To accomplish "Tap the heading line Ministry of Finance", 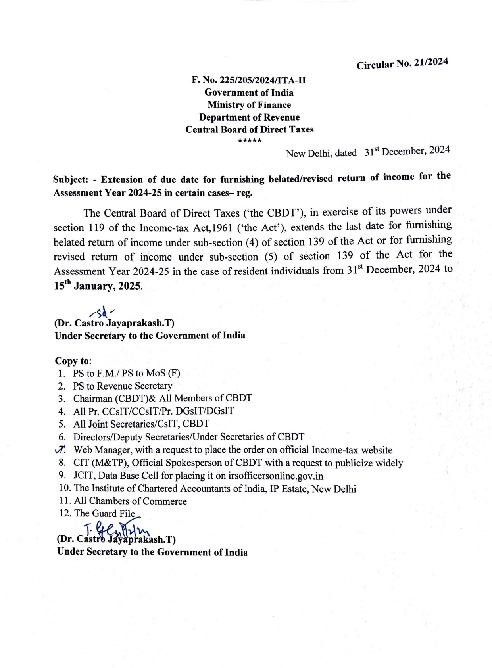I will point(249,105).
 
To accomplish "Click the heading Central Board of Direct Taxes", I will point(249,130).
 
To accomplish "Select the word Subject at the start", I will point(70,179).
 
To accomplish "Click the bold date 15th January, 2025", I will point(97,286).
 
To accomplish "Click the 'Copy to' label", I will point(73,361).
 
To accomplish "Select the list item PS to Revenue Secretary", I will point(123,386).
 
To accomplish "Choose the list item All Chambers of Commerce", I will point(130,501).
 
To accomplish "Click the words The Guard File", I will point(105,513).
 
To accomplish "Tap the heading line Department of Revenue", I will point(249,117).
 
